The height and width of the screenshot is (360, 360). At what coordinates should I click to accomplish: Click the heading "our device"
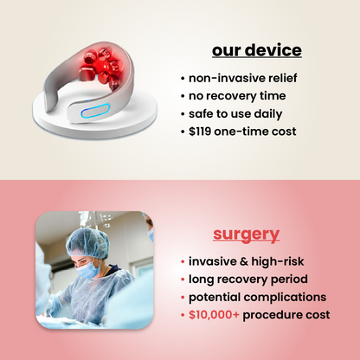click(257, 49)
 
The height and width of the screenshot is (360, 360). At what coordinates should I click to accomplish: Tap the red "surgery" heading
click(246, 234)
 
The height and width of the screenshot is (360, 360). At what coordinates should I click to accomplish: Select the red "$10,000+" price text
click(214, 315)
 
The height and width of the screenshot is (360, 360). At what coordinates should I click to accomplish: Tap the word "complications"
click(286, 297)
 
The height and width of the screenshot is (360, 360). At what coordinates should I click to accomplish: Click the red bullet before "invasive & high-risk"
click(182, 261)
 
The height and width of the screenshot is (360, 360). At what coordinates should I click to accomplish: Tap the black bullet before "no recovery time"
click(182, 95)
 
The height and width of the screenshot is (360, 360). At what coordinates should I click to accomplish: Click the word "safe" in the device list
click(202, 113)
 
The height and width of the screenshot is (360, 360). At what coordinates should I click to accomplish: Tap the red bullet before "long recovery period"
click(182, 279)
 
